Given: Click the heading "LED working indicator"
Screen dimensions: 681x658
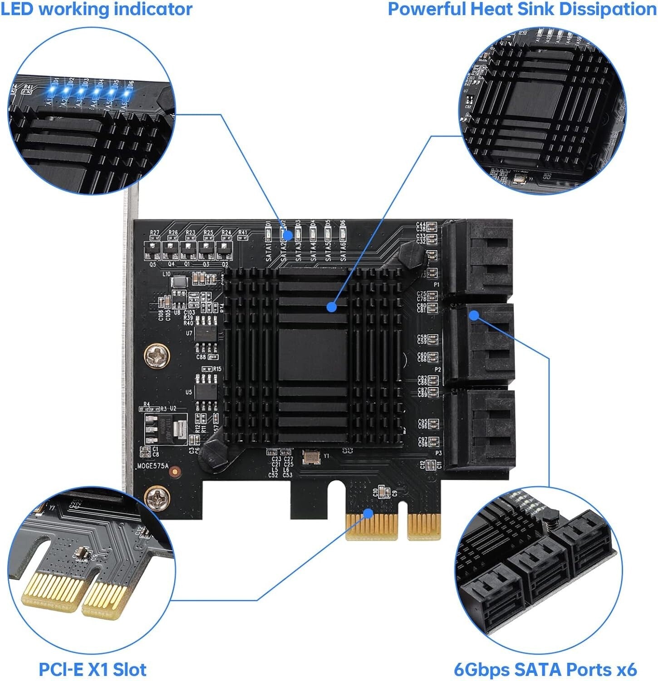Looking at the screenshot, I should point(97,9).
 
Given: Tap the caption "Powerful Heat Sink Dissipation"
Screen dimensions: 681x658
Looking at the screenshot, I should point(522,9).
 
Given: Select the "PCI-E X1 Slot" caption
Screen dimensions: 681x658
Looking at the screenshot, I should point(93,670).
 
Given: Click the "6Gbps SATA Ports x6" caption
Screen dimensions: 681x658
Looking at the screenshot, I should point(545,670).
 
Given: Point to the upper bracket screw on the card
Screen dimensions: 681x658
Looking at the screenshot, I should point(157,355).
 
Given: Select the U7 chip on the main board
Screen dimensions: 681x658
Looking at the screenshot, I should point(206,334).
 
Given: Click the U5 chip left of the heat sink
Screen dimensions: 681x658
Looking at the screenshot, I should point(206,391).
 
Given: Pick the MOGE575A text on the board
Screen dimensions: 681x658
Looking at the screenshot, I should point(153,466).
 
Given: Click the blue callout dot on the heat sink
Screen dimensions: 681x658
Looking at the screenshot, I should point(332,307).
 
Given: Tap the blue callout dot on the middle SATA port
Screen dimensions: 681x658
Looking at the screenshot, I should point(474,315).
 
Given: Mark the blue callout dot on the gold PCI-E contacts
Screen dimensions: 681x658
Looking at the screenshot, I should point(368,514).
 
